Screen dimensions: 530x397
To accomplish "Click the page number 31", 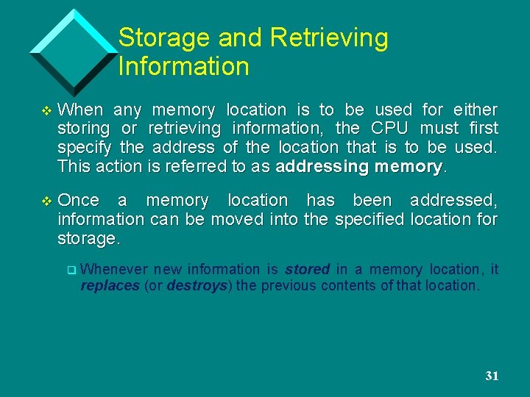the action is (492, 376).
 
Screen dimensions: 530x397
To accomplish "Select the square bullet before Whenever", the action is (71, 271).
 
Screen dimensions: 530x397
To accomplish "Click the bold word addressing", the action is (322, 166).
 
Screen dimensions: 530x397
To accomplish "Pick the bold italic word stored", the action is (307, 270).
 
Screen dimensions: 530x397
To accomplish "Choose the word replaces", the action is (110, 286).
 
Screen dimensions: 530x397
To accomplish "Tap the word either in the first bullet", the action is (476, 110).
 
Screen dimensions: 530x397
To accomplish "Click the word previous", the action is (288, 286).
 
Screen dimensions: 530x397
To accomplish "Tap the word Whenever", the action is (114, 270).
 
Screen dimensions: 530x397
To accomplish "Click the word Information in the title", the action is (183, 67).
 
